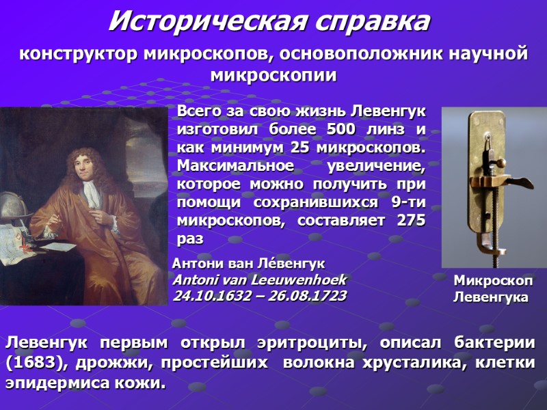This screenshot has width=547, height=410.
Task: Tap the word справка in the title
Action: tap(371, 23)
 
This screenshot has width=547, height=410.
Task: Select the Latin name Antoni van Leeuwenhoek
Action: tap(260, 280)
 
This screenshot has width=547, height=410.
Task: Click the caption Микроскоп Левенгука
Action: tap(492, 289)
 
